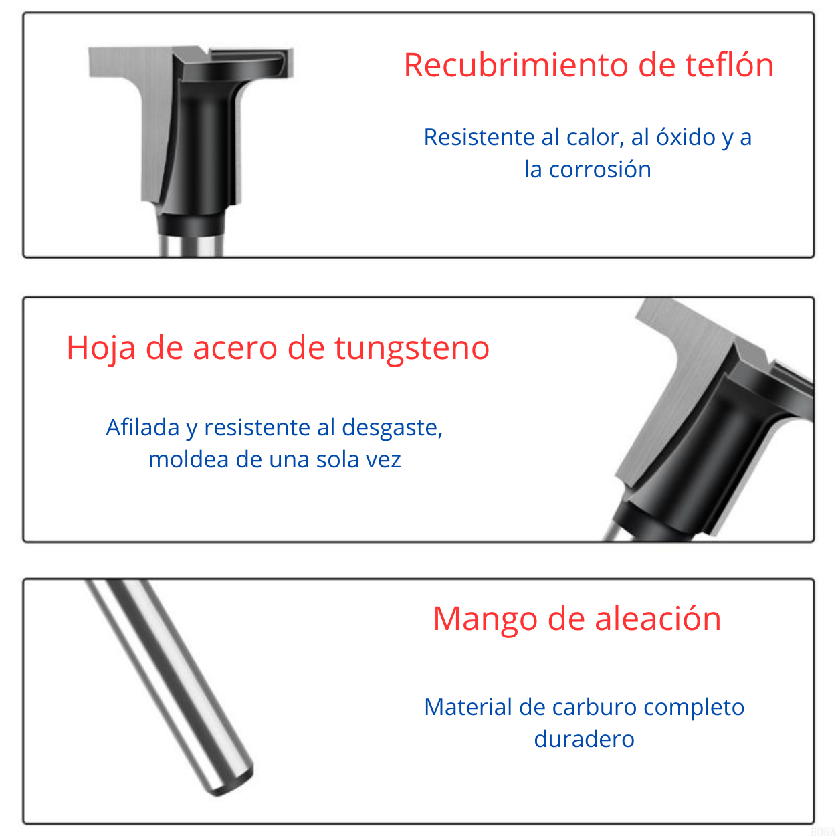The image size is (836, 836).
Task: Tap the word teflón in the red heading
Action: [x=730, y=66]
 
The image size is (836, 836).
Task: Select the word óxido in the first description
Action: [x=686, y=137]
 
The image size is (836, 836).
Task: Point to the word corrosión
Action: [x=600, y=170]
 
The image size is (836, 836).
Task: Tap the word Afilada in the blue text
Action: [x=142, y=427]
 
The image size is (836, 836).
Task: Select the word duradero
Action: [x=584, y=740]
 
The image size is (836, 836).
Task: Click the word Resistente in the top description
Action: [x=480, y=137]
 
